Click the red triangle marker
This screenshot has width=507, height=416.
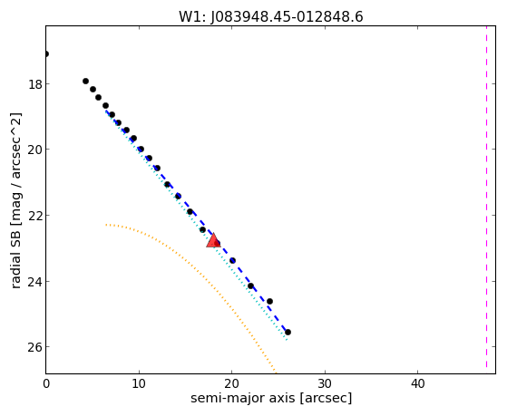click(x=213, y=240)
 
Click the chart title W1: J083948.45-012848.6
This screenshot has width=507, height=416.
click(x=271, y=17)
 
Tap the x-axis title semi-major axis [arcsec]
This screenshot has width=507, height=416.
click(x=271, y=398)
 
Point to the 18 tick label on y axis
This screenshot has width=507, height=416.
click(x=35, y=84)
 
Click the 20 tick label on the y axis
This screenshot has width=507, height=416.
click(x=35, y=150)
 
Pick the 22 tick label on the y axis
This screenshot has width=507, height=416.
click(x=35, y=216)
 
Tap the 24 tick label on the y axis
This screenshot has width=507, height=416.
click(x=35, y=282)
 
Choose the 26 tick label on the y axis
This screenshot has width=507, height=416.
click(x=35, y=347)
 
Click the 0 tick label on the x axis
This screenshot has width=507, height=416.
click(x=46, y=384)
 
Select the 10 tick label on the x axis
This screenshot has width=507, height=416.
click(x=139, y=384)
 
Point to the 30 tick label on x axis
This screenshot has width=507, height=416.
click(x=325, y=384)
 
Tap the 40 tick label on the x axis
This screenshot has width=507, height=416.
click(x=417, y=384)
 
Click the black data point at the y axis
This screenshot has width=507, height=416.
click(x=46, y=54)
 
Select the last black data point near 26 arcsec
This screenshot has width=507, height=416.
click(x=288, y=332)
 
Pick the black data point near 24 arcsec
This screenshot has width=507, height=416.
click(x=269, y=301)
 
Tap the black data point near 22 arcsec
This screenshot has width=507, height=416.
click(x=250, y=285)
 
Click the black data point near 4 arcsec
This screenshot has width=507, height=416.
click(x=85, y=82)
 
